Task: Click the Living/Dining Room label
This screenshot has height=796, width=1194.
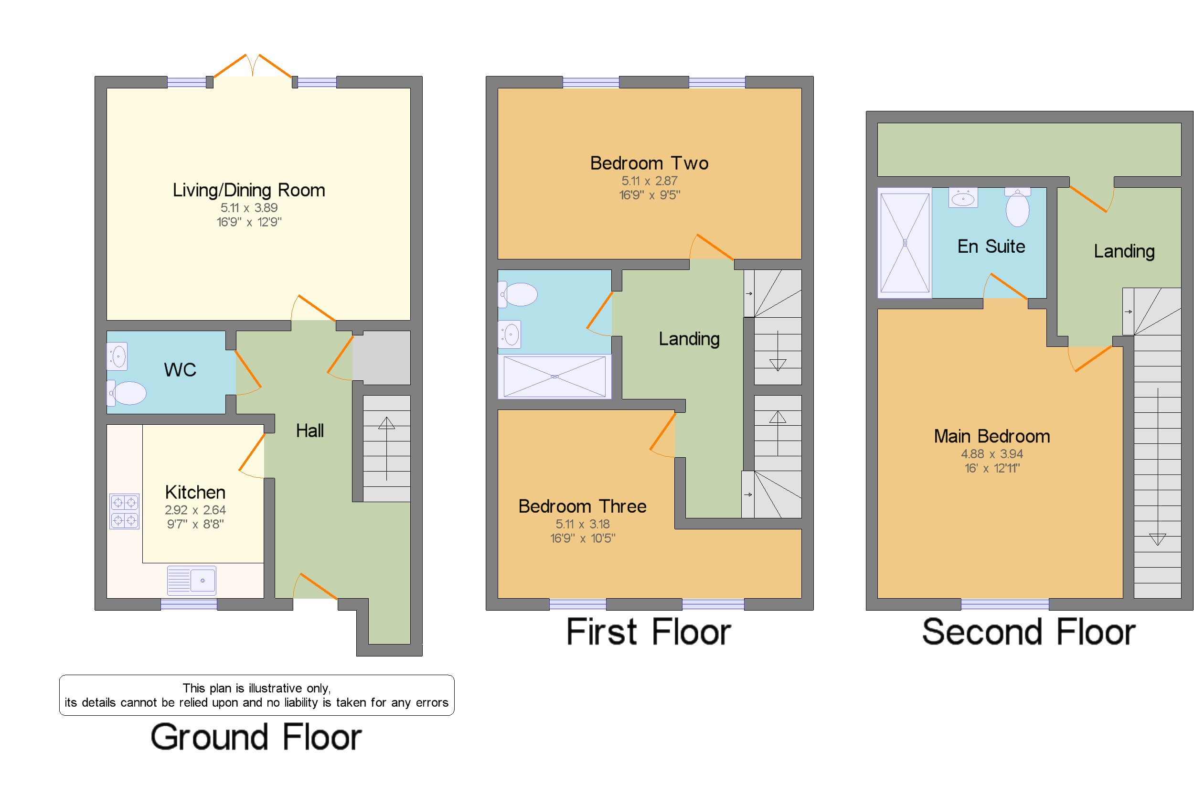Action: (248, 190)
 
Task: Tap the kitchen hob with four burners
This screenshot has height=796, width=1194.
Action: (124, 511)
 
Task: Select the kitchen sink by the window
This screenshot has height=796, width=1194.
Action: (192, 580)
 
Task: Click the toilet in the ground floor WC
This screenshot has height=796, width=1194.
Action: (128, 393)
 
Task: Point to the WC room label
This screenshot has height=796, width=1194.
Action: (180, 370)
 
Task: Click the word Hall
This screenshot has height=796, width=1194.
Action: (309, 431)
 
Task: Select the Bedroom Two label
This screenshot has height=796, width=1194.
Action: (649, 163)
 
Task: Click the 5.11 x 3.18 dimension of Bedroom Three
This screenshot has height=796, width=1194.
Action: (582, 524)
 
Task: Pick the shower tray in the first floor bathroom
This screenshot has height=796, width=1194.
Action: (554, 376)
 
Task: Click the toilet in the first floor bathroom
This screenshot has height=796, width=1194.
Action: (519, 294)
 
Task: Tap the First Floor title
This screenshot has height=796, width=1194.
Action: (648, 632)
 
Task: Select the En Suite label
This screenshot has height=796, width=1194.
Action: (991, 247)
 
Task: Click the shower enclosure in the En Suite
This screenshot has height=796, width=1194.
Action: (904, 243)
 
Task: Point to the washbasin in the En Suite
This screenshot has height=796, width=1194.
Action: (963, 198)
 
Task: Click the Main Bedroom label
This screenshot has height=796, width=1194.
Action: (991, 437)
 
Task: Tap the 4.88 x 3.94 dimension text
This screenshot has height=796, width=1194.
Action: (991, 454)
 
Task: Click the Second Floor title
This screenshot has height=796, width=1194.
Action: (1028, 632)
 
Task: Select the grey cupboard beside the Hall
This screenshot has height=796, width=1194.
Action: (381, 358)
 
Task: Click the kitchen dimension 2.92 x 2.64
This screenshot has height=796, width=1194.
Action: (195, 510)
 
